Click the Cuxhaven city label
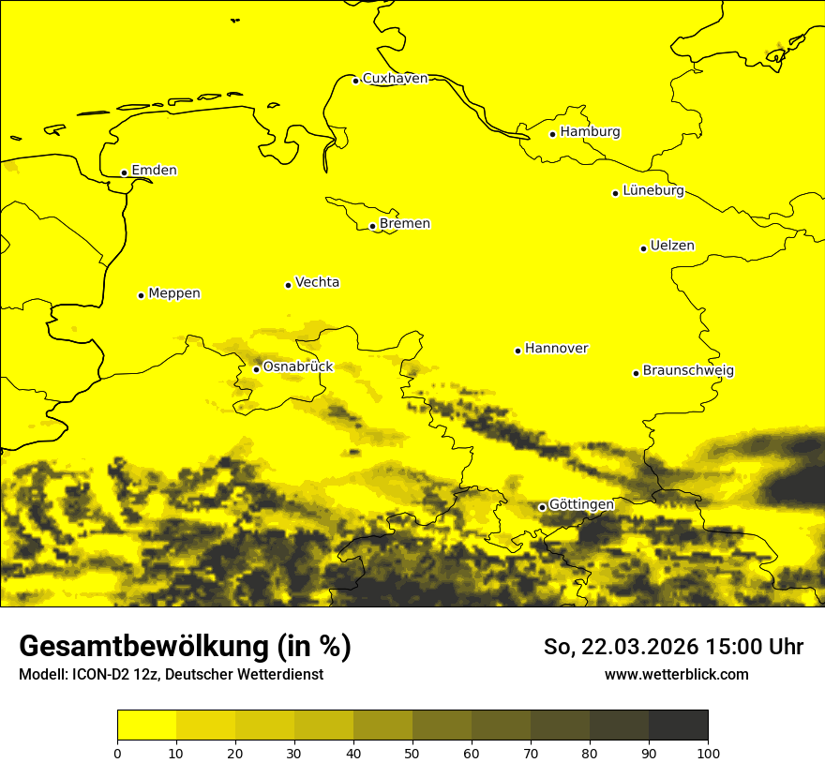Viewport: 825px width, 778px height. tap(395, 79)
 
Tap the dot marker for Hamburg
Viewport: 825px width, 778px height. tap(553, 134)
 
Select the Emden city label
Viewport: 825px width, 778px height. tap(154, 171)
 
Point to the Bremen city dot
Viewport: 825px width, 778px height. tap(372, 226)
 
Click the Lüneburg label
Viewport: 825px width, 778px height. tap(652, 191)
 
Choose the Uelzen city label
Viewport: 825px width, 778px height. tap(672, 247)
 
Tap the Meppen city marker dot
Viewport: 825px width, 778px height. tap(141, 295)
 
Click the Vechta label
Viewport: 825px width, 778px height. tap(317, 282)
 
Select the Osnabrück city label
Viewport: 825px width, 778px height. tap(298, 367)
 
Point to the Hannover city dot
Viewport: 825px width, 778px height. tap(517, 351)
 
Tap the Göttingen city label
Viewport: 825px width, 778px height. tap(581, 505)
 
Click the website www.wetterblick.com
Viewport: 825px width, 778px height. tap(676, 675)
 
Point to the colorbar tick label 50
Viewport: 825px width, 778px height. tap(412, 753)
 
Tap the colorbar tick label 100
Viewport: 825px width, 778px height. tap(708, 753)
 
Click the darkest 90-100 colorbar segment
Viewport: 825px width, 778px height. tap(678, 726)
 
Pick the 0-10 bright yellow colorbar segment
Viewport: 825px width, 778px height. tap(146, 726)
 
